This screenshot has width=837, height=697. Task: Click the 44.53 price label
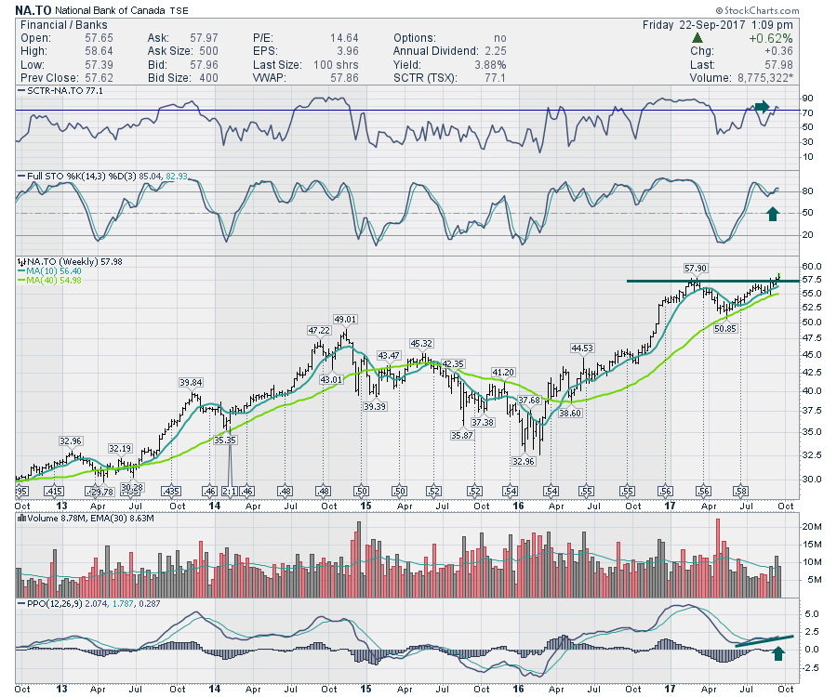582,348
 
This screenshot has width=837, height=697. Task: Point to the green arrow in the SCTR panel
763,107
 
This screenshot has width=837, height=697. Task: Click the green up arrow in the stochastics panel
771,214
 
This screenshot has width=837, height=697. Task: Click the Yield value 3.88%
490,65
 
